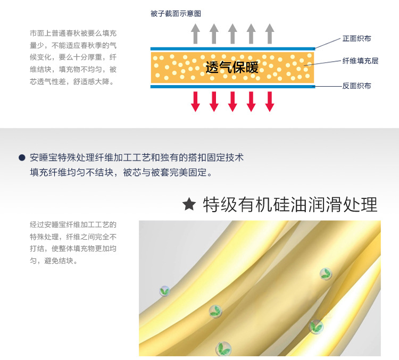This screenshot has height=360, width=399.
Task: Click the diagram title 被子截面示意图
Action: click(x=176, y=14)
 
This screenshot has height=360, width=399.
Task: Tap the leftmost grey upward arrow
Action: click(x=196, y=34)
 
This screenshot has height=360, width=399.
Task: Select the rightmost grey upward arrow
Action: click(x=269, y=34)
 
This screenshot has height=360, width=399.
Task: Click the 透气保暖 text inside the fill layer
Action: click(x=232, y=68)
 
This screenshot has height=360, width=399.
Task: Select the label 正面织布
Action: click(x=356, y=39)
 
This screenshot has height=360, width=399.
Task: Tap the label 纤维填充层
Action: click(x=360, y=61)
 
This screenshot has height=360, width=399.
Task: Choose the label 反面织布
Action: click(x=356, y=86)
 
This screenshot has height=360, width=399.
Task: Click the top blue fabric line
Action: click(x=232, y=48)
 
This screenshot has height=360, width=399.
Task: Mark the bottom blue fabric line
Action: click(x=232, y=86)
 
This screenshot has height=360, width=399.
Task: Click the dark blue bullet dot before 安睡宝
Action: click(x=22, y=157)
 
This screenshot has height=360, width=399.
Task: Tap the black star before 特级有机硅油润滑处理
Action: click(x=189, y=204)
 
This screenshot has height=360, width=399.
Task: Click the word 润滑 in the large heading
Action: click(x=322, y=204)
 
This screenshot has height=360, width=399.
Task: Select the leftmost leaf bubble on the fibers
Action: click(x=165, y=291)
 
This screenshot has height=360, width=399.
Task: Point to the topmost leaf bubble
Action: click(x=325, y=274)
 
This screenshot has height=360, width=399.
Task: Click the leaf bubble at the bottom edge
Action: click(x=223, y=349)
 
